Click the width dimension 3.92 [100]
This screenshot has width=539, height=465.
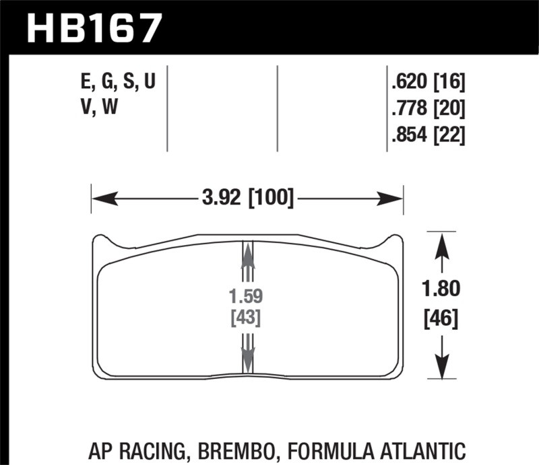point(247,199)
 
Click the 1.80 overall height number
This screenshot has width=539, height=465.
point(441,289)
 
